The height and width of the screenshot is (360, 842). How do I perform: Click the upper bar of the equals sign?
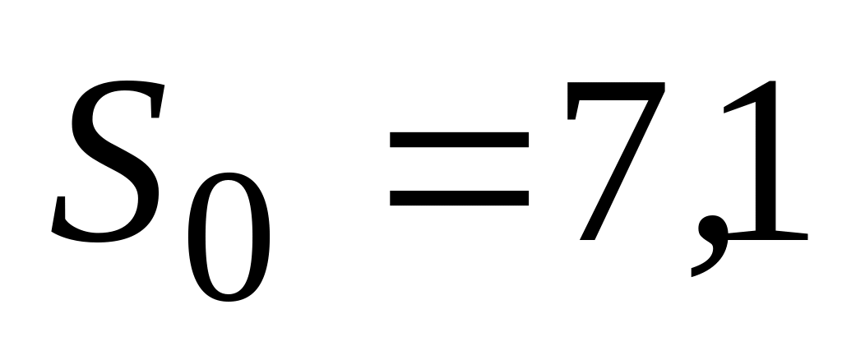tap(459, 142)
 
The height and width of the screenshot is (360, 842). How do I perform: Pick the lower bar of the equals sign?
tap(459, 198)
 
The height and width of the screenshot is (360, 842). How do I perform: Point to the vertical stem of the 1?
tap(766, 164)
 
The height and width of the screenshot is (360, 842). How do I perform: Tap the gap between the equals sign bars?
tap(459, 170)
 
